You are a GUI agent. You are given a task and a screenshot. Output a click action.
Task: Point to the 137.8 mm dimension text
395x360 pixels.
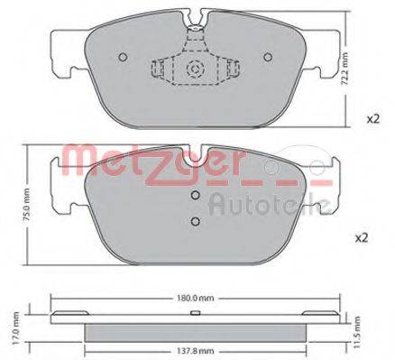point(195,353)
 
